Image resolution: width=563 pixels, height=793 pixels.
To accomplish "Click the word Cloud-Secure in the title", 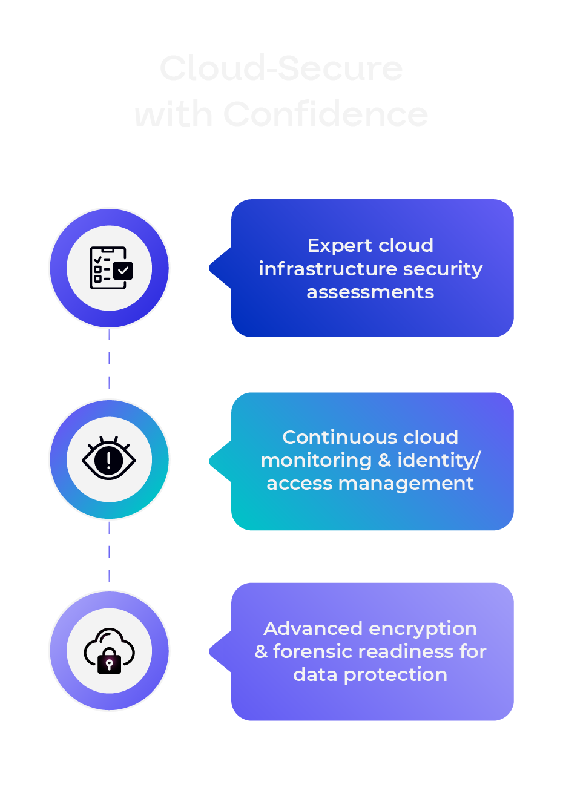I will click(x=281, y=68).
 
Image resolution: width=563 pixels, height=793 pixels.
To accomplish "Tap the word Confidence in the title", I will click(x=326, y=114).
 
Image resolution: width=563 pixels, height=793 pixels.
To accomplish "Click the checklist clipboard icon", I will click(x=110, y=268).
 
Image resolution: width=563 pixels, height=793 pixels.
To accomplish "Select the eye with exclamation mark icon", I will click(x=109, y=459).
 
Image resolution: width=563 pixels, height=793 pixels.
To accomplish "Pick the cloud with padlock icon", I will click(x=109, y=651).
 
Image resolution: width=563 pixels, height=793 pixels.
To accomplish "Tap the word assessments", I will click(x=370, y=292).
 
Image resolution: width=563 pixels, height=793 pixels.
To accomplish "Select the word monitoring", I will click(x=316, y=460).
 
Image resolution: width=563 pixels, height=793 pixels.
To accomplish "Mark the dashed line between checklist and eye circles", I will click(x=109, y=358).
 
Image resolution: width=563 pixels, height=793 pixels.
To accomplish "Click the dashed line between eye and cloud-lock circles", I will click(x=109, y=551).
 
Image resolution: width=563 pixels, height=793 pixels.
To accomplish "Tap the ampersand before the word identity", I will click(x=384, y=460).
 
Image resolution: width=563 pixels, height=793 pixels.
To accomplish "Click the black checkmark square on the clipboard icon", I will click(x=123, y=271).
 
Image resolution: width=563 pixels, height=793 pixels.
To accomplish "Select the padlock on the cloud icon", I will click(x=110, y=662).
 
